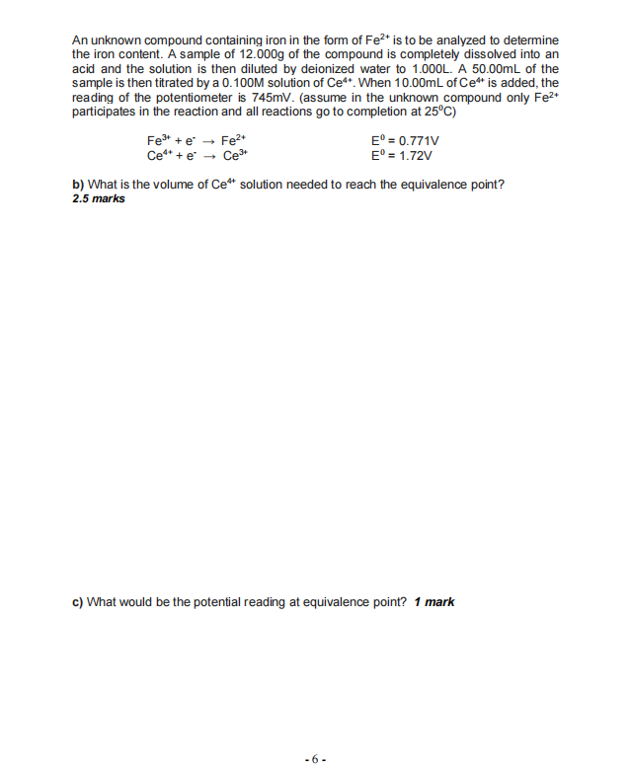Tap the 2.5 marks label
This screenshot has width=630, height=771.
[x=99, y=198]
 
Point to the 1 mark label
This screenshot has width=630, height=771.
[x=434, y=601]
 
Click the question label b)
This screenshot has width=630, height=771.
[x=78, y=185]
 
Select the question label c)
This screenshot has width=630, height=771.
[x=78, y=601]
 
